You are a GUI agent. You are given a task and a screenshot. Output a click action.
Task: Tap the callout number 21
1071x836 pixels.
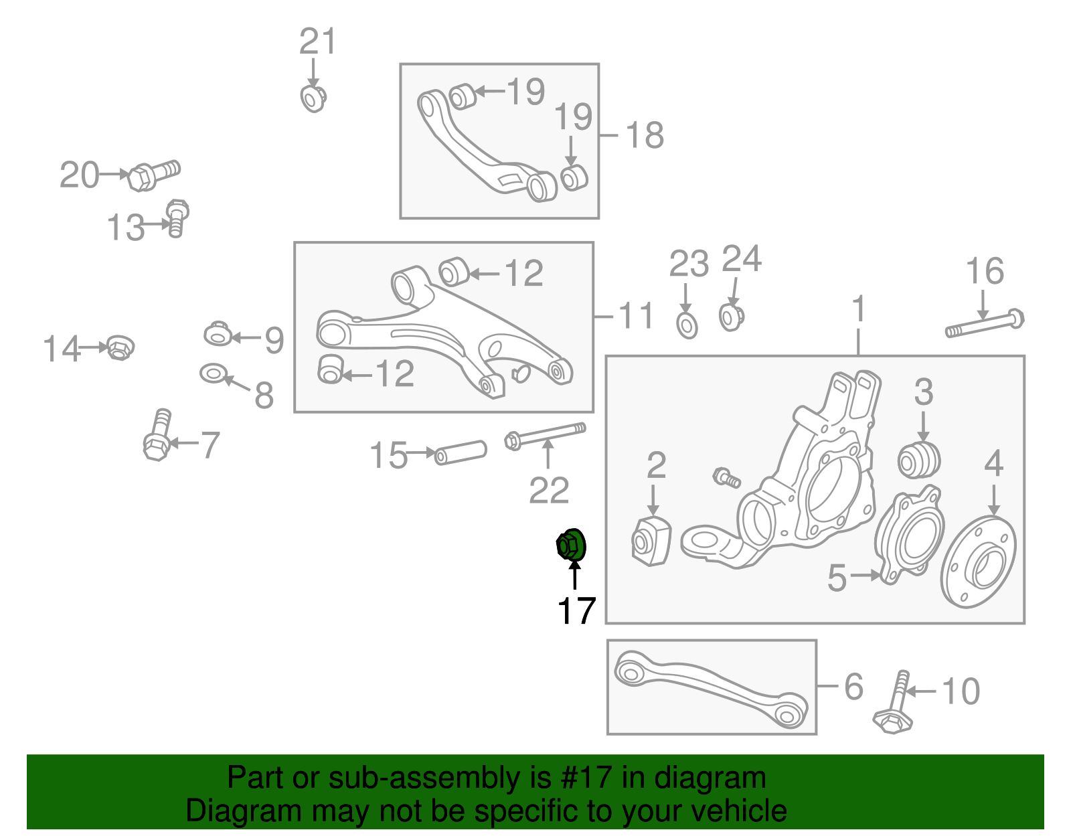tap(317, 42)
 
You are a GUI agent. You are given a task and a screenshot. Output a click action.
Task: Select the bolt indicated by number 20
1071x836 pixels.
tap(153, 175)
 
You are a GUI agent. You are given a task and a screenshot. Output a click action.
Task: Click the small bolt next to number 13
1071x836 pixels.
tap(177, 218)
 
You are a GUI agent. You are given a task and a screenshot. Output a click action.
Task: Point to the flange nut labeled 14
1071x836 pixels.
tap(119, 347)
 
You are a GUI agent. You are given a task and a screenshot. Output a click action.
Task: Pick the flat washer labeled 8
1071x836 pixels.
tap(212, 373)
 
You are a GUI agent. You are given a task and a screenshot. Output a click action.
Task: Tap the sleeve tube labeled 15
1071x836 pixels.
tap(461, 452)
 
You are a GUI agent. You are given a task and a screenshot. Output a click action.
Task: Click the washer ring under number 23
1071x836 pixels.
tap(687, 325)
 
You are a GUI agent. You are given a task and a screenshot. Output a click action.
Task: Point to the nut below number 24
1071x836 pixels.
tap(731, 316)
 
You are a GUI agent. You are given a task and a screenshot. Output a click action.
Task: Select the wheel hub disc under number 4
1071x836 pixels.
tap(979, 562)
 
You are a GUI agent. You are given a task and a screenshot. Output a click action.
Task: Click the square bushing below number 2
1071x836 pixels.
tap(651, 541)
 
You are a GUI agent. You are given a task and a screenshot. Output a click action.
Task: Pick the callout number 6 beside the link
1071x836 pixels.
tap(853, 687)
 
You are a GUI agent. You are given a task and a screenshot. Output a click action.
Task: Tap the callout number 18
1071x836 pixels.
tap(644, 135)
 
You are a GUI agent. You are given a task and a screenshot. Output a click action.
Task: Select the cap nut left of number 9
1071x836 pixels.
tap(218, 333)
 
